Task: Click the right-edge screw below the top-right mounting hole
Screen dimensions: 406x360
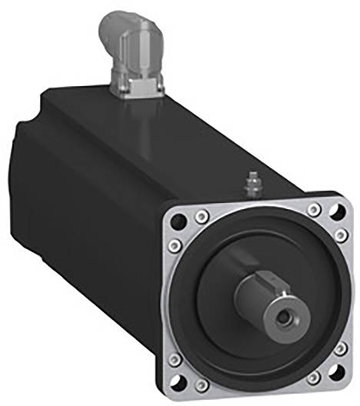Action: coord(339,232)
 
